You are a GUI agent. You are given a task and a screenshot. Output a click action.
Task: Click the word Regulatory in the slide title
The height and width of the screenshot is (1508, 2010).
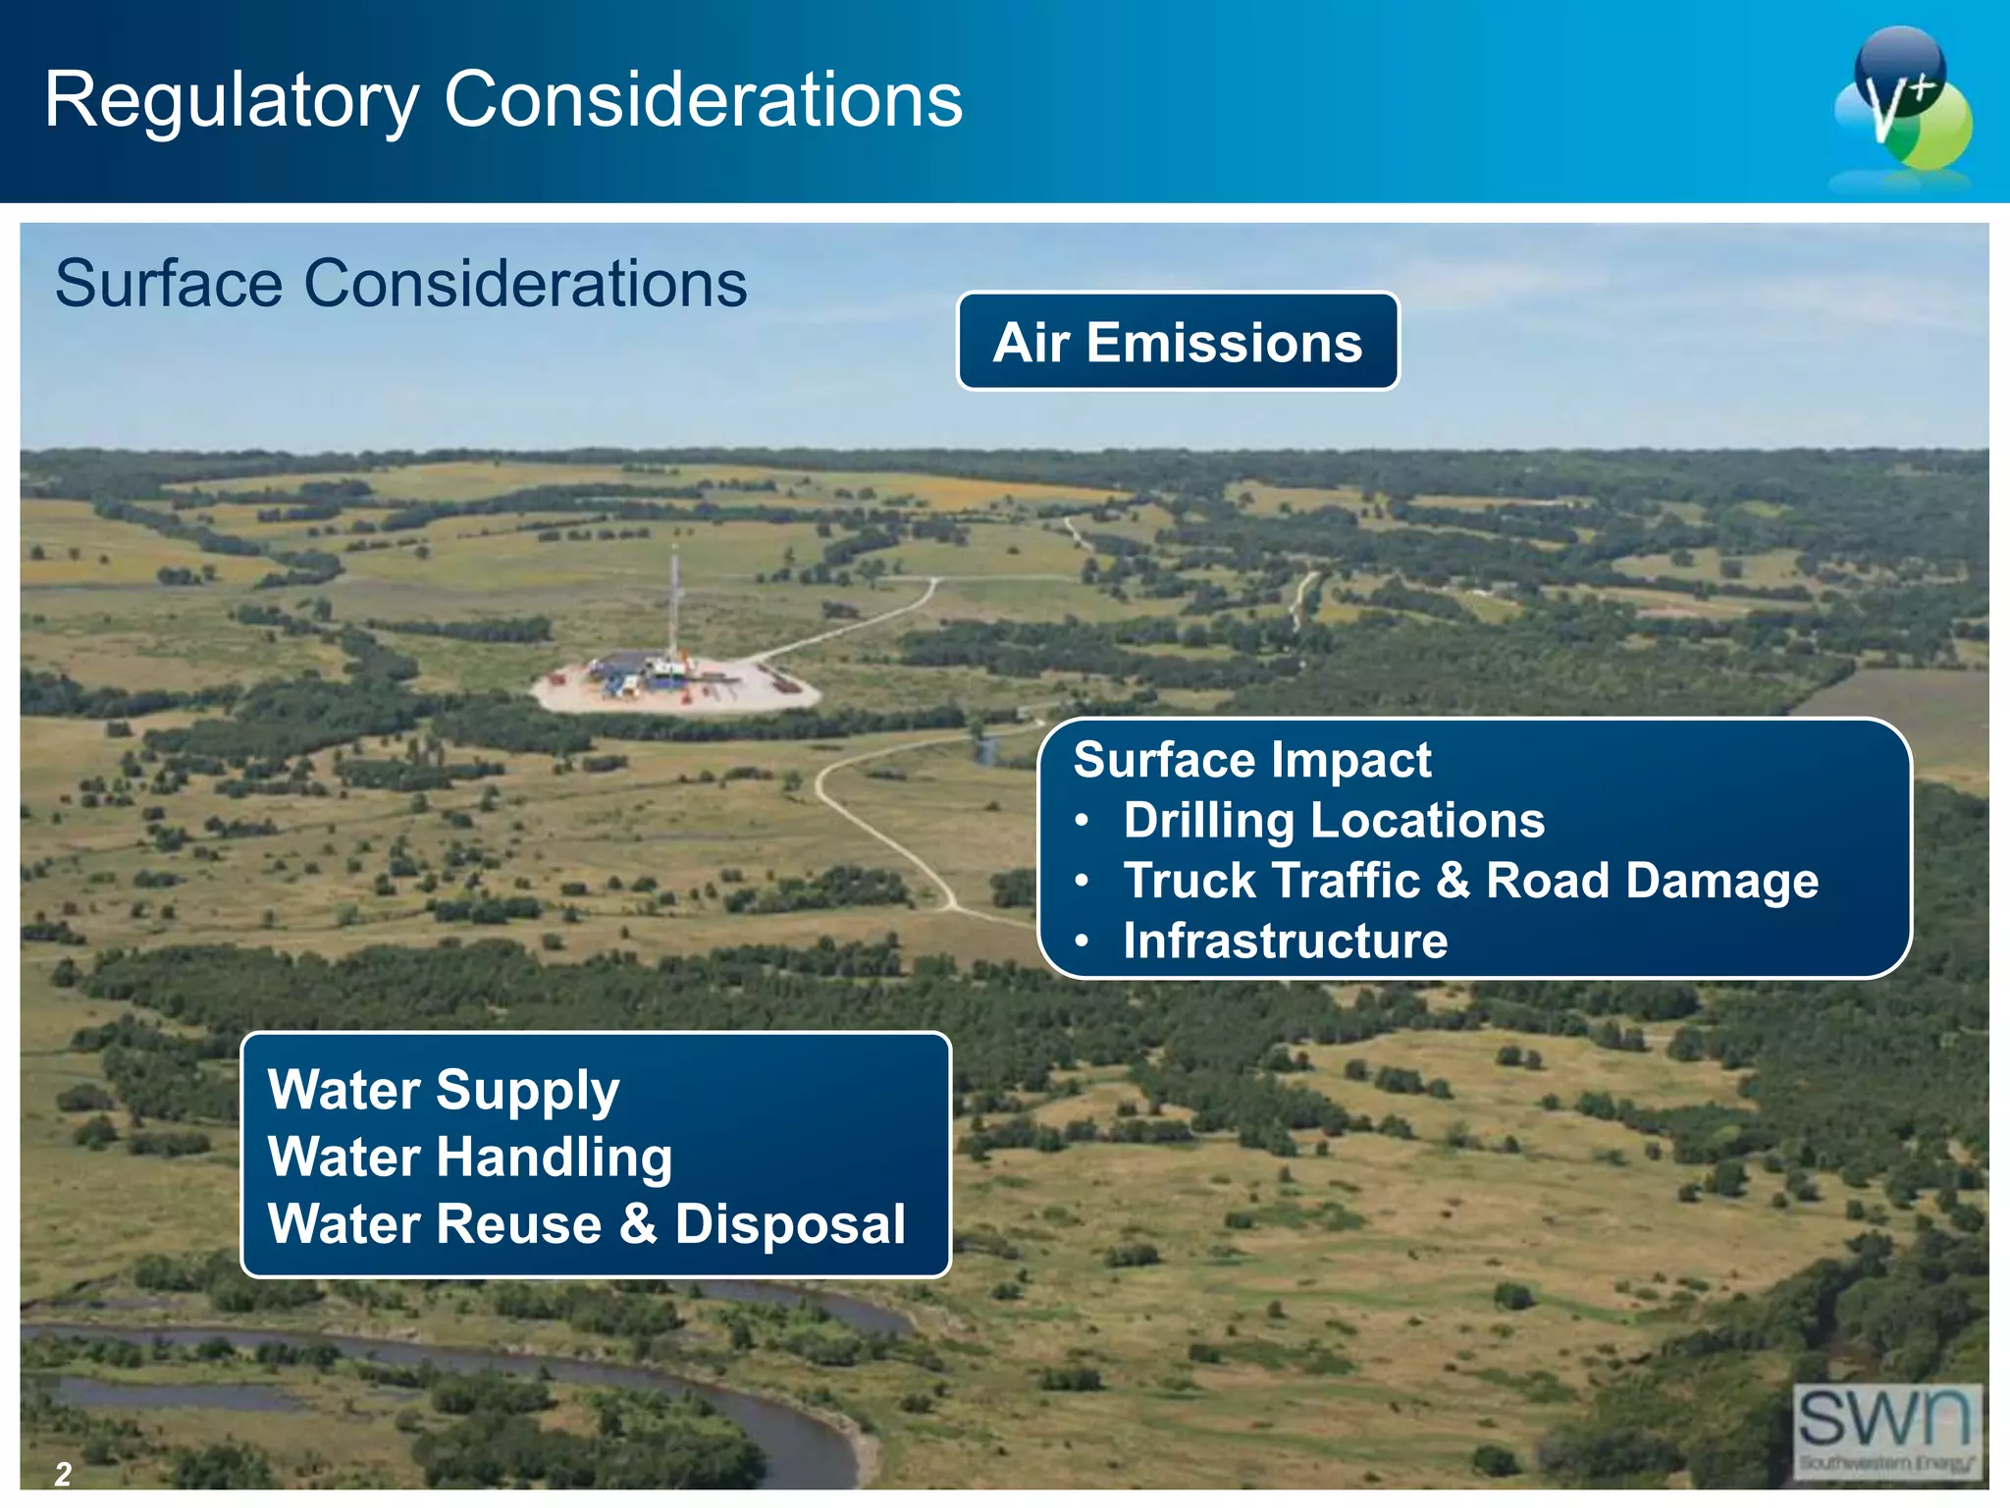pos(232,101)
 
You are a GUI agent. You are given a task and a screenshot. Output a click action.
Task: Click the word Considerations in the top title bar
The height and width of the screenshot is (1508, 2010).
pos(703,99)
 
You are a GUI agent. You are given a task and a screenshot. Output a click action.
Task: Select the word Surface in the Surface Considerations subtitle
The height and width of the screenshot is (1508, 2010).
pos(169,284)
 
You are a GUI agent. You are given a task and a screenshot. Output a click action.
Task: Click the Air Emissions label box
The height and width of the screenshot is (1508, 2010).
pos(1177,342)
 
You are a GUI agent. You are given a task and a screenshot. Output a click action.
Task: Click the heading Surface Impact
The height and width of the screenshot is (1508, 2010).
pos(1251,760)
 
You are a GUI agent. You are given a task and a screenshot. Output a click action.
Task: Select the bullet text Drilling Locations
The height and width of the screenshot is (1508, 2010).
pos(1333,820)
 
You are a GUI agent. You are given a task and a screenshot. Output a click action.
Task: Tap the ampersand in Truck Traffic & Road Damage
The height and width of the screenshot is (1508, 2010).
pos(1453,880)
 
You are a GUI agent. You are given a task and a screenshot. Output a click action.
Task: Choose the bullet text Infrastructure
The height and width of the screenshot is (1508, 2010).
pos(1285,941)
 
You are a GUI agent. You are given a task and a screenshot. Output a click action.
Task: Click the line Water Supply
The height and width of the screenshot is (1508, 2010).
pos(444,1090)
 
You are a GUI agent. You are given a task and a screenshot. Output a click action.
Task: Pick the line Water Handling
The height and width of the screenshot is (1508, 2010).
pos(469,1157)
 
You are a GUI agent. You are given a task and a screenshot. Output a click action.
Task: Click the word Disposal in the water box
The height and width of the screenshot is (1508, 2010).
pos(790,1224)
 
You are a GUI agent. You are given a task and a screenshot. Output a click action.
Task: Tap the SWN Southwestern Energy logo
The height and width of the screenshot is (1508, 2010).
pos(1886,1428)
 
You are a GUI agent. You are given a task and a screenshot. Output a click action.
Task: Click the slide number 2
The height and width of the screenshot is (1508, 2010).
pos(63,1474)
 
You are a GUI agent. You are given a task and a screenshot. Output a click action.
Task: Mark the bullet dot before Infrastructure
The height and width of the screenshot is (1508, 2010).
pos(1082,941)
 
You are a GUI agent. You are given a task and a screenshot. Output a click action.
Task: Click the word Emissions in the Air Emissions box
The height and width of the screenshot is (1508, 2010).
pos(1224,343)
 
